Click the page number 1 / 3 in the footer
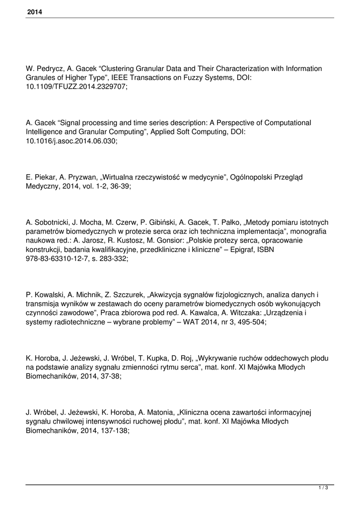coord(323,489)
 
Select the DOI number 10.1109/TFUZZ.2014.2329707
coord(76,86)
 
